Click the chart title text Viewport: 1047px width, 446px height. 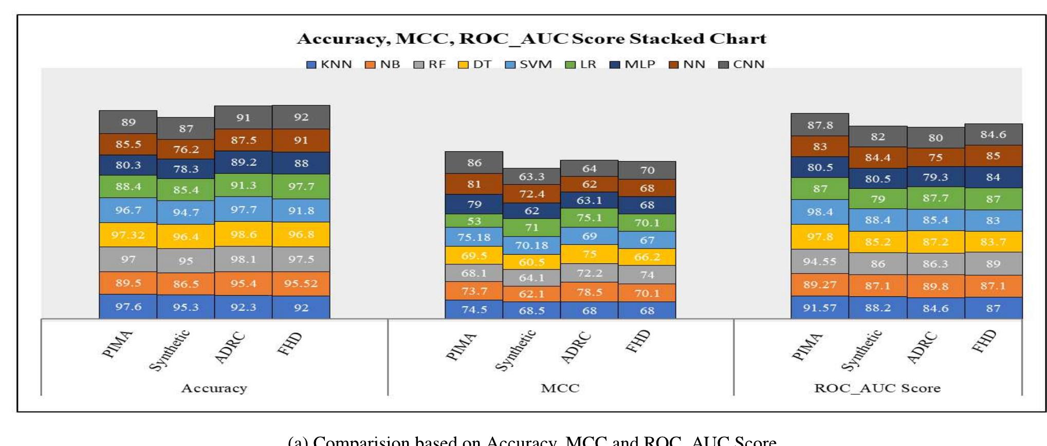click(531, 39)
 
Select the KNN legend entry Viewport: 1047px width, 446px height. click(329, 65)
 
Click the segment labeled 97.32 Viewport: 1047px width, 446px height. click(128, 235)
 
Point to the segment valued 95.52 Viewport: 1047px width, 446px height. click(301, 283)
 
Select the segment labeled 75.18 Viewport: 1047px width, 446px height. click(473, 237)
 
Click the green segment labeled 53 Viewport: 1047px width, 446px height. click(473, 221)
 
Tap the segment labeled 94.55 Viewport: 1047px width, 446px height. click(819, 261)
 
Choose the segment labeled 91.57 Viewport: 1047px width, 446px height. click(819, 308)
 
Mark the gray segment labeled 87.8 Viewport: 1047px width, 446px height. click(819, 125)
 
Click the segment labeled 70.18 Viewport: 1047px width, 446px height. click(531, 245)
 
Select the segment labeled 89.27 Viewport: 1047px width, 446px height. click(819, 284)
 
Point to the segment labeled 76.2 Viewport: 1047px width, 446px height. click(186, 149)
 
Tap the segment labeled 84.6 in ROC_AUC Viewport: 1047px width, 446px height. click(993, 135)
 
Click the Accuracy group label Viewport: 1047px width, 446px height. click(214, 388)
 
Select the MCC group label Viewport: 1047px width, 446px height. click(560, 388)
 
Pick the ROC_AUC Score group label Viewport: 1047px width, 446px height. click(877, 388)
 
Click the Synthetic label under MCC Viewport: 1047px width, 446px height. click(516, 350)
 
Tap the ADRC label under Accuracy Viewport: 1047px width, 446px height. click(230, 348)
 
